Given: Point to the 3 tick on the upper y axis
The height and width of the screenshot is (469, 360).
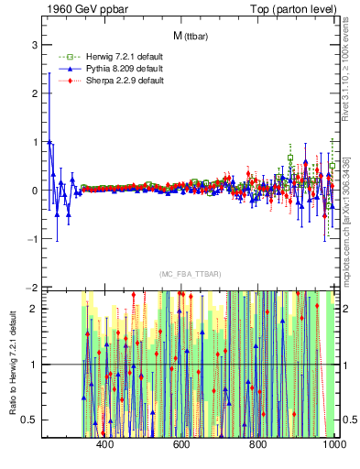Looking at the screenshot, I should pos(33,44).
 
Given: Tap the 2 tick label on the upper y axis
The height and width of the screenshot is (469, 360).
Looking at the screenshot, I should pos(33,93).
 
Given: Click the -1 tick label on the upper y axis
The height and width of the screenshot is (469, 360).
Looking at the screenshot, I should pos(31,239).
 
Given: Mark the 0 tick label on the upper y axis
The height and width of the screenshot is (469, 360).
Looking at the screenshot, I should pos(33,191).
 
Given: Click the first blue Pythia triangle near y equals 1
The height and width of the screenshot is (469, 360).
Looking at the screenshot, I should pos(49,142).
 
